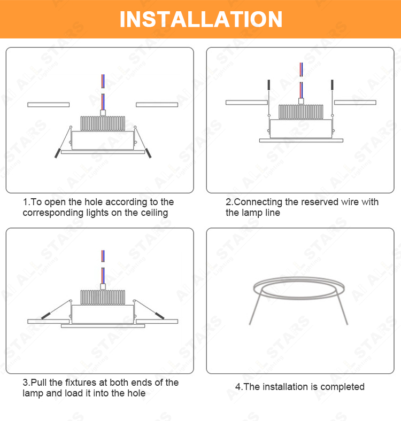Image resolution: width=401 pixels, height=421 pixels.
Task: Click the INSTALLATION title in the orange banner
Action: (201, 19)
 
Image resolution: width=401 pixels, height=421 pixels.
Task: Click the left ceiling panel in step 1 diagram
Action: (48, 105)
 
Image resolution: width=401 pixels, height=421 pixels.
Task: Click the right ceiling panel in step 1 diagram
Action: (157, 105)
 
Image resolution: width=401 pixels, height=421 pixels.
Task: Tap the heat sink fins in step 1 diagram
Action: (103, 123)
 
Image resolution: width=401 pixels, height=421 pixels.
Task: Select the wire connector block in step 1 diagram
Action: (103, 113)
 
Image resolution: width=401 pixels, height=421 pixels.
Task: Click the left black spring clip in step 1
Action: (58, 153)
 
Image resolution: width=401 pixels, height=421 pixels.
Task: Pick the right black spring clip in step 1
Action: (148, 153)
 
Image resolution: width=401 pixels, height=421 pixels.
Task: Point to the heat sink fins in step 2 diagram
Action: (300, 112)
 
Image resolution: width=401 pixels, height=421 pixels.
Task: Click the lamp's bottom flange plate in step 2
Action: (301, 141)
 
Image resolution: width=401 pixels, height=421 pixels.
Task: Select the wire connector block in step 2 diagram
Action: (301, 101)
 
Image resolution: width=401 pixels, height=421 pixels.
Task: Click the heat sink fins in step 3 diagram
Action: (103, 298)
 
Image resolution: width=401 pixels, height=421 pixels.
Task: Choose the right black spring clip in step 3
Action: (159, 316)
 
